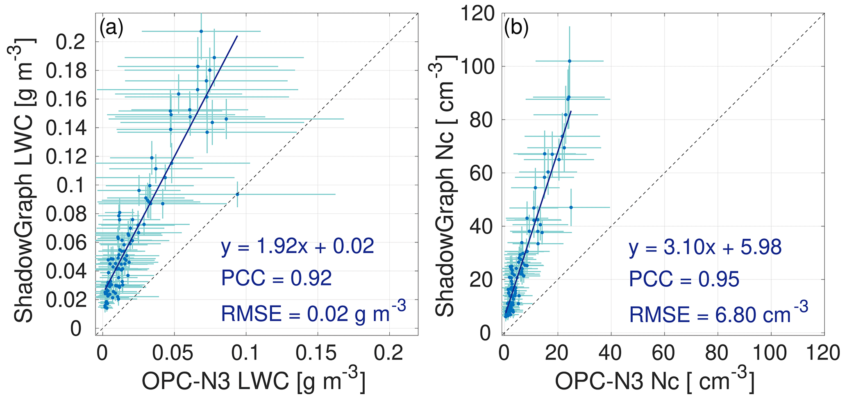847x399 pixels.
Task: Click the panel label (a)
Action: tap(111, 29)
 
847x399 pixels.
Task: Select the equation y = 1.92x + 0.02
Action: tap(297, 247)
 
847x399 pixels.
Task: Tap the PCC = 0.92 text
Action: tap(276, 279)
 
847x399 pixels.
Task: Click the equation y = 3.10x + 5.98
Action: tap(705, 248)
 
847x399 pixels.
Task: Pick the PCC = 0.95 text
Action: tap(684, 279)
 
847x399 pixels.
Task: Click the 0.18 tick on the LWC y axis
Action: tap(66, 71)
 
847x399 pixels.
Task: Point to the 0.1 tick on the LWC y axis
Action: tap(72, 186)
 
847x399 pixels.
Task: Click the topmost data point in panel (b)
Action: tap(570, 61)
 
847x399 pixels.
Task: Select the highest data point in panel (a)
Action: tap(201, 31)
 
